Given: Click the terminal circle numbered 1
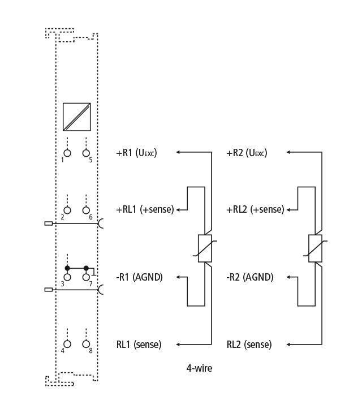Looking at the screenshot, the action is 67,153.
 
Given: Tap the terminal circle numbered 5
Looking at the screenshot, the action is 86,153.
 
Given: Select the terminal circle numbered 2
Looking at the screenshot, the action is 67,210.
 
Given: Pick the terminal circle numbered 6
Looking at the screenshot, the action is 86,210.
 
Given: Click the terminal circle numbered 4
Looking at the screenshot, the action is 67,344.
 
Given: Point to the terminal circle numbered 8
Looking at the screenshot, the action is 86,344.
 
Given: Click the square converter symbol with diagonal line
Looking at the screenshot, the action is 77,117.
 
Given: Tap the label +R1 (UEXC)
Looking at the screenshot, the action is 136,153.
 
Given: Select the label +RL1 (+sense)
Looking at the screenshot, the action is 145,209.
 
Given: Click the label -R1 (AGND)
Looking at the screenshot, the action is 139,277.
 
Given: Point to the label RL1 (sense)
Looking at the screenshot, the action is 139,345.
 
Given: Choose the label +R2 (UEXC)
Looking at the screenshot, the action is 247,153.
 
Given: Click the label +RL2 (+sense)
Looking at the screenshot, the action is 255,209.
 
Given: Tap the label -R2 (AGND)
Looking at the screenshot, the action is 250,277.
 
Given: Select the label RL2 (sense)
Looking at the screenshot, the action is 249,345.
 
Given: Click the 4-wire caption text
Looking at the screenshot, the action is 199,368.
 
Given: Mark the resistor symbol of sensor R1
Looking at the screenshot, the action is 205,248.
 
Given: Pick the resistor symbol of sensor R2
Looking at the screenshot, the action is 315,248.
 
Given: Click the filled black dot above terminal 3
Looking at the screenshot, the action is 67,268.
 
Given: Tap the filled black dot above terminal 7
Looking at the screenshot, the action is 86,268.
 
